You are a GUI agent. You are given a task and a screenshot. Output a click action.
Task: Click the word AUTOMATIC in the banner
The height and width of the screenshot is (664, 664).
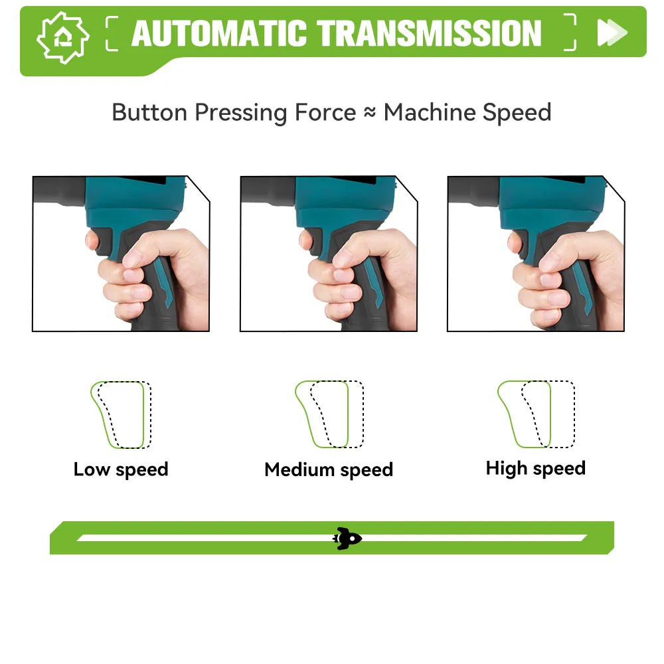219,33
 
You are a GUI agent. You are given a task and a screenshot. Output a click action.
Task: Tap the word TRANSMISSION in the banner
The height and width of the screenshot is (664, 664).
429,33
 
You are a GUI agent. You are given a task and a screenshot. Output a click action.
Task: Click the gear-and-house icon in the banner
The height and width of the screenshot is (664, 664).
63,38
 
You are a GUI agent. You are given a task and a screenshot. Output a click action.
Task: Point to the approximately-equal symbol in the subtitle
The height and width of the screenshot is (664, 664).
370,112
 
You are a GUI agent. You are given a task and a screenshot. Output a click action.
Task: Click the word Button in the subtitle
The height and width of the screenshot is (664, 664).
149,112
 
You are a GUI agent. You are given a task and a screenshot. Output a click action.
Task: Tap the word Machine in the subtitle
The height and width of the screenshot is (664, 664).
430,112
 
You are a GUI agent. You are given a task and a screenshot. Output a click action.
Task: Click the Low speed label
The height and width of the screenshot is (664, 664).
121,469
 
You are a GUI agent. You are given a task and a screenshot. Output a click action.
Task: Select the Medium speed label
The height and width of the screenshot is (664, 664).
329,469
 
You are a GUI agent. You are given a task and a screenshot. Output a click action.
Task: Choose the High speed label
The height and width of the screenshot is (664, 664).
536,468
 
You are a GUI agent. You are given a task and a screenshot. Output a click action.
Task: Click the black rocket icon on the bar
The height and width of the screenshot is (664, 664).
347,539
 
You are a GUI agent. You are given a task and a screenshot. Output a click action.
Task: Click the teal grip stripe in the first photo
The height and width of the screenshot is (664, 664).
163,282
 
